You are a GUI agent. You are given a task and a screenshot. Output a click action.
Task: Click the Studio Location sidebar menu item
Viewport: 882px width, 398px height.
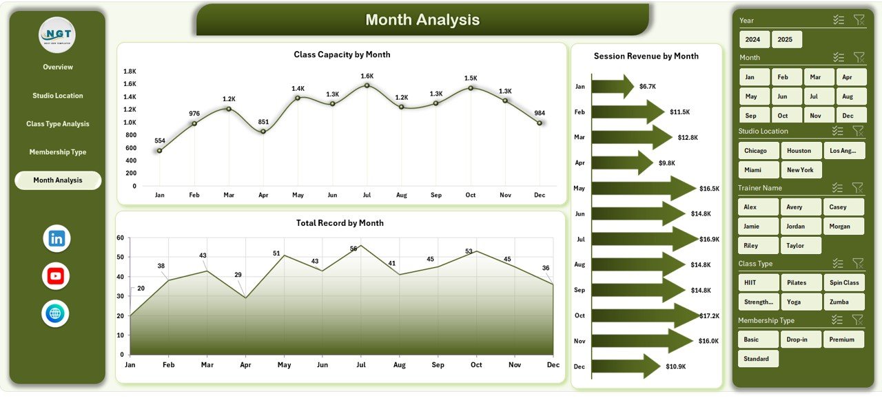pos(58,96)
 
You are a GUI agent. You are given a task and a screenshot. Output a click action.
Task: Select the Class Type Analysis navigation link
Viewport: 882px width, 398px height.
pos(58,124)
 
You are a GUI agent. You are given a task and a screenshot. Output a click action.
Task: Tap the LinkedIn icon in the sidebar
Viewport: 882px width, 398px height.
pos(57,239)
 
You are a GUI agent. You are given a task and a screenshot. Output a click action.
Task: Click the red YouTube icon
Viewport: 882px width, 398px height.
pos(56,276)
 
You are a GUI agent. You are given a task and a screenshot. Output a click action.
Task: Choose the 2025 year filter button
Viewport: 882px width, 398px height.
pos(786,39)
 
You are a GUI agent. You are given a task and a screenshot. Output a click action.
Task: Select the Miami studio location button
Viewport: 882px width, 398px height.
pos(753,169)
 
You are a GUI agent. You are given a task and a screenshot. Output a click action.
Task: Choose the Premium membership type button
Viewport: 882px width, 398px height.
pos(842,339)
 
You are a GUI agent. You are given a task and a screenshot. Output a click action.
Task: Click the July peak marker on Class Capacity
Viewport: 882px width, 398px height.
pos(367,85)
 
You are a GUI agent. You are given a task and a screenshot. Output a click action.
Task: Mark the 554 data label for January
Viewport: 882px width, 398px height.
pos(160,140)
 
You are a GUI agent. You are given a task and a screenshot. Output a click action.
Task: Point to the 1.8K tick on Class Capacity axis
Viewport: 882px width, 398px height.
pos(130,71)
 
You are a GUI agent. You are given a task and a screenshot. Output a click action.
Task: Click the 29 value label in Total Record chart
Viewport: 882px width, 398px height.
pos(238,275)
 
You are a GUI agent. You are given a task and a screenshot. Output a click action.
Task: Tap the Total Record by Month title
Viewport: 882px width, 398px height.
pos(340,223)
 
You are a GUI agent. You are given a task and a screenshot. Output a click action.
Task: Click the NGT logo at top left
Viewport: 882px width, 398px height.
pos(57,35)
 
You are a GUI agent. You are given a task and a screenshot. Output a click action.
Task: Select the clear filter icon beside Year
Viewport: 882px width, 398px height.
pos(859,21)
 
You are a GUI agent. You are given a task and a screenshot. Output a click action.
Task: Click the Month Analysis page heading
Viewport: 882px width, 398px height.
pos(422,20)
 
